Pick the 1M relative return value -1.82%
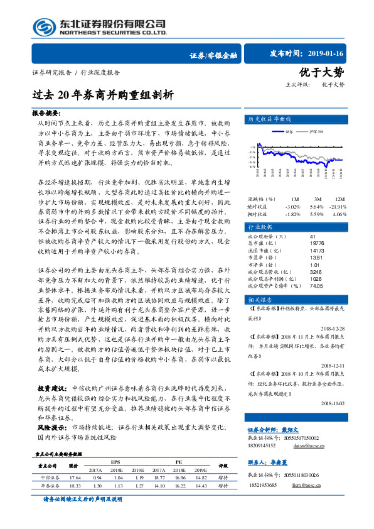click(292, 214)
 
